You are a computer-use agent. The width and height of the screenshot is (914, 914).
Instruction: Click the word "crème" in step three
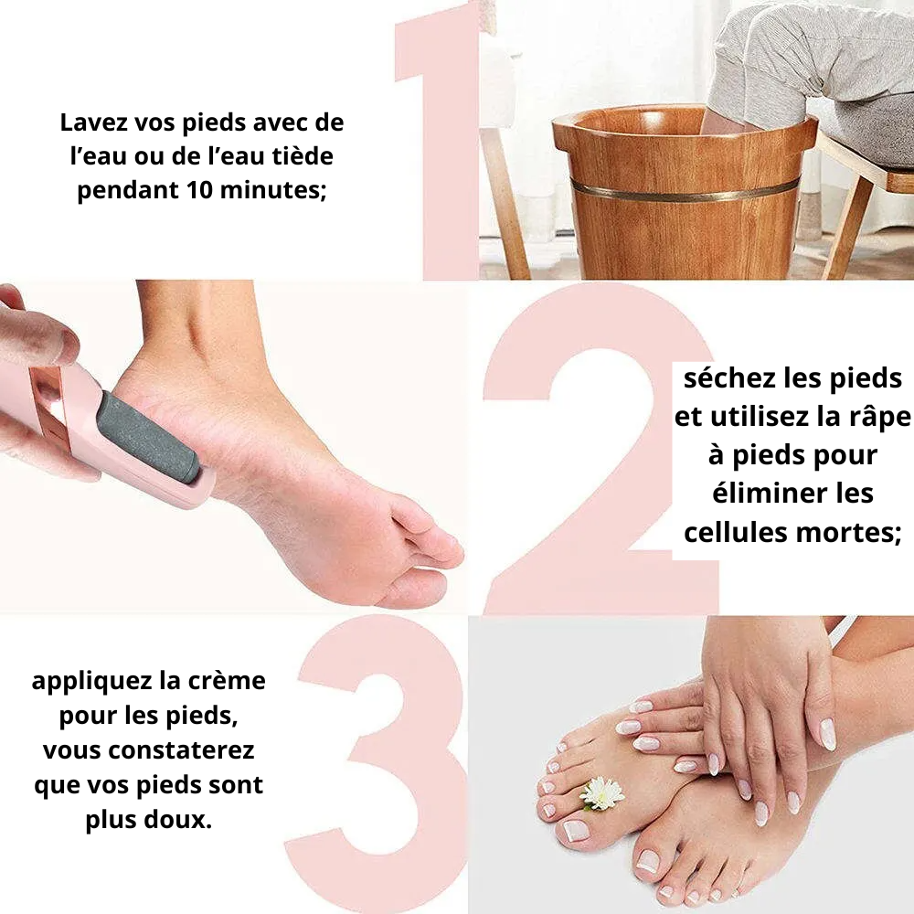click(x=233, y=681)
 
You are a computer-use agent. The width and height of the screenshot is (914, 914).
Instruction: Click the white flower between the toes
click(x=602, y=792)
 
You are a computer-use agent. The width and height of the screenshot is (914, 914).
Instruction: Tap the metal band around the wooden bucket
click(x=685, y=190)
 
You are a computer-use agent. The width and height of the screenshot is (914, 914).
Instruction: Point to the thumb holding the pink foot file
click(x=37, y=338)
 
